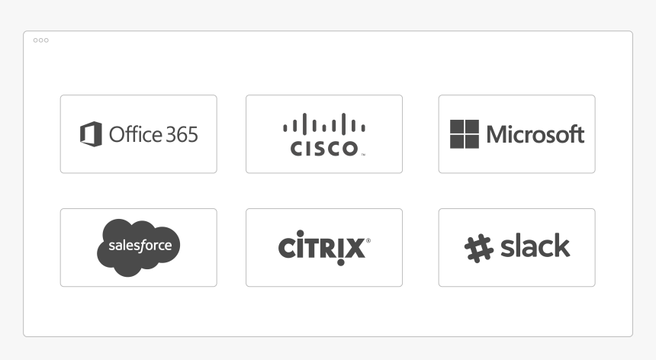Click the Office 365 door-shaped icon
tap(91, 134)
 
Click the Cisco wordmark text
tap(324, 149)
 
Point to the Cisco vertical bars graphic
tap(324, 124)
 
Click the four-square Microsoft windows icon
tap(465, 134)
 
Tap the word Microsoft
tap(535, 134)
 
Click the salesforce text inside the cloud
tap(140, 245)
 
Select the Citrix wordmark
tap(322, 248)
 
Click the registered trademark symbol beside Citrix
tap(368, 240)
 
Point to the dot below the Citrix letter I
tap(340, 262)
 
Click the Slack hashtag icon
tap(479, 249)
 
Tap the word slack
tap(535, 246)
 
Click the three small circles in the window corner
tap(41, 40)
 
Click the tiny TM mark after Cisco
tap(363, 155)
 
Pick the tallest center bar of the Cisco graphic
tap(324, 124)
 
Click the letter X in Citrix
tap(355, 248)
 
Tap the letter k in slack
tap(561, 246)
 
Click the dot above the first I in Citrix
tap(301, 233)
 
